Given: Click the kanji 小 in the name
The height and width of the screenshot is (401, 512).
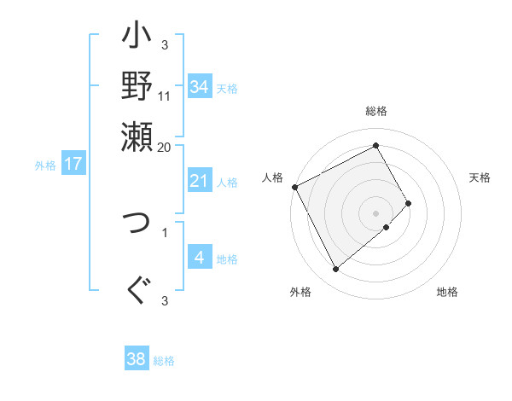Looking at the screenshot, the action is coord(137,39).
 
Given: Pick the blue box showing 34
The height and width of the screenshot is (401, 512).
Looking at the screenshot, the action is coord(200,87).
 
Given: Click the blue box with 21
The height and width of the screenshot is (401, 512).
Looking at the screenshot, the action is coord(200,181).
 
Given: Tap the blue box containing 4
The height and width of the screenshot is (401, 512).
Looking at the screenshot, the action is coord(200,258).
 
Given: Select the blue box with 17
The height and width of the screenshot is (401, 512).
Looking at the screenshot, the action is coord(73,165).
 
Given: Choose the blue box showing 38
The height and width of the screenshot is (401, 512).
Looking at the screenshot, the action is coord(137,359).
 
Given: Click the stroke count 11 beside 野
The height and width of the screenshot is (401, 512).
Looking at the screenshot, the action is coord(165,96).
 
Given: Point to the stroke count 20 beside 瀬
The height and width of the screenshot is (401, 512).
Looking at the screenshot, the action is coord(165,147).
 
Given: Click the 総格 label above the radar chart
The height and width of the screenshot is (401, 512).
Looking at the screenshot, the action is coord(376,112).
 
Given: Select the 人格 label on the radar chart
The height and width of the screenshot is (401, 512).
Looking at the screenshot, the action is coord(273,177).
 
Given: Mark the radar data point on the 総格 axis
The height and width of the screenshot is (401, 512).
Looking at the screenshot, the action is coord(376,145).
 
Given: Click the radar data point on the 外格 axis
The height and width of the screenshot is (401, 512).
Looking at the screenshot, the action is coord(335,270).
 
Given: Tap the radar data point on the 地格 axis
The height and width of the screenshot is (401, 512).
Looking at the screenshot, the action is coord(387,227).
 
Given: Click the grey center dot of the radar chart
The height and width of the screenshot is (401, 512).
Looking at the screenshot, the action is coord(376,212).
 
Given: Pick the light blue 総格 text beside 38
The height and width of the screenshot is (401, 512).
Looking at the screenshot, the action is coord(164,361).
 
